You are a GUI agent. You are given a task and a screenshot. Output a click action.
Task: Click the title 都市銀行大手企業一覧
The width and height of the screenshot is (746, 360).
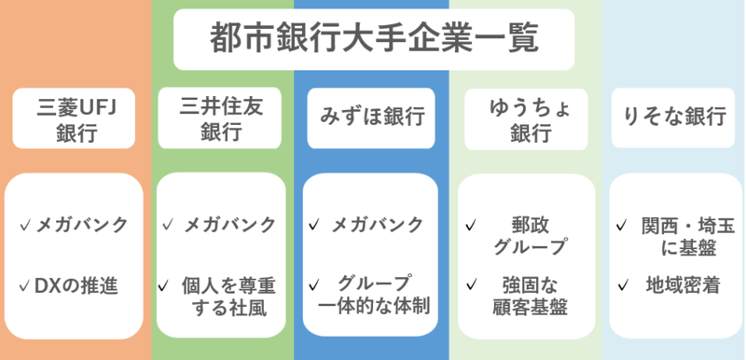(x=373, y=40)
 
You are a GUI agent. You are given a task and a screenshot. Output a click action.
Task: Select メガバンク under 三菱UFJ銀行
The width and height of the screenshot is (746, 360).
(x=81, y=225)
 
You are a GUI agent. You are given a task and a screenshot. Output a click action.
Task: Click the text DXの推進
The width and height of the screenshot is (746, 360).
(x=76, y=284)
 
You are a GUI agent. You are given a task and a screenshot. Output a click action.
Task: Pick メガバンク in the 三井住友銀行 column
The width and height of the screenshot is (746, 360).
(x=229, y=225)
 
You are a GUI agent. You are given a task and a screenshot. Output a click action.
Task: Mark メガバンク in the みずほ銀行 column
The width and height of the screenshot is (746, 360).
(x=379, y=225)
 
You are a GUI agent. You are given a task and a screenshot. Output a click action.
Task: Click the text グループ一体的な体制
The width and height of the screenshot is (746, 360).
(x=374, y=295)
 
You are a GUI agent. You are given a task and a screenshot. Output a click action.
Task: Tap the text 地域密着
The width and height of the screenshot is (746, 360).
(x=682, y=284)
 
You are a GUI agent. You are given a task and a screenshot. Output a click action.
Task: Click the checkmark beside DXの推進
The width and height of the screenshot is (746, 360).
(x=24, y=284)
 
